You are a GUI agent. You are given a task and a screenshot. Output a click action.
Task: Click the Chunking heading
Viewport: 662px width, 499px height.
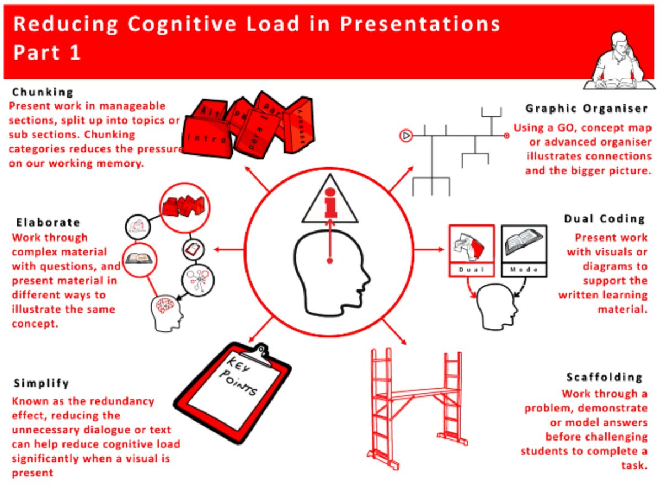[43, 92]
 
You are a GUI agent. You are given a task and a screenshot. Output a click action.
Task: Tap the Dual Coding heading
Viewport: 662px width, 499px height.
[604, 219]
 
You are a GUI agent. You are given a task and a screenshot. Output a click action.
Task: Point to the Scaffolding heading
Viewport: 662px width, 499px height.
[604, 378]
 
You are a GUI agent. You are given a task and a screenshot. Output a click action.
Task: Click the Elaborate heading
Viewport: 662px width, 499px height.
[48, 223]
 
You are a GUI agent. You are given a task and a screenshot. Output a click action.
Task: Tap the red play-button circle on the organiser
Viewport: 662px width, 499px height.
[405, 135]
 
